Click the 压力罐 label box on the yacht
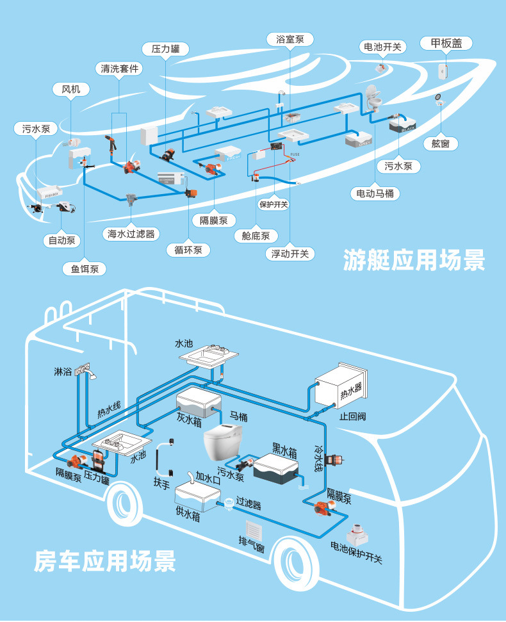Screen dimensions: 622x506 (x=165, y=49)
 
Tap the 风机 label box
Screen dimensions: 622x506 (x=70, y=90)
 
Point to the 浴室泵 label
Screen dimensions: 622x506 (x=290, y=39)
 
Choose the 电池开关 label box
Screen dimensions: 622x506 (x=382, y=47)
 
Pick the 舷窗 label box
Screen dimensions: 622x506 (x=441, y=143)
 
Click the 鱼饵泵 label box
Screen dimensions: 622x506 (x=84, y=269)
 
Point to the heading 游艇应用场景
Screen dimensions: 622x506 (x=414, y=260)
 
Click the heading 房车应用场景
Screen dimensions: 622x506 (x=105, y=561)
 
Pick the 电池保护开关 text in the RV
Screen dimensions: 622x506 (x=356, y=553)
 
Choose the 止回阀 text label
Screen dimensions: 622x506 (x=352, y=416)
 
